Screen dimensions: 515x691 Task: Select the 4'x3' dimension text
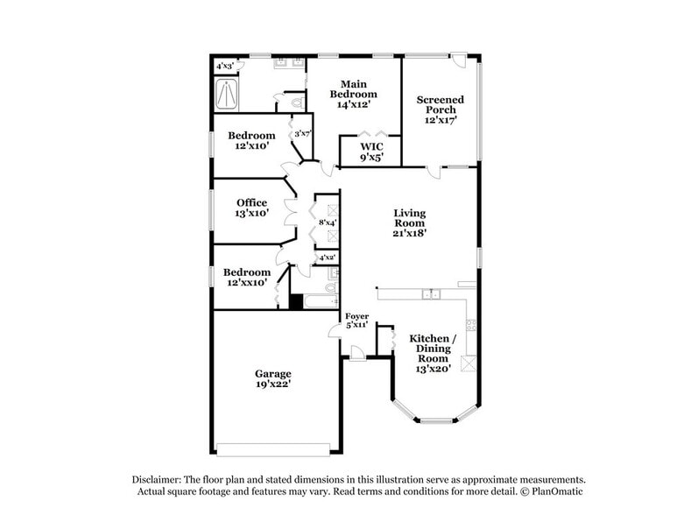pyautogui.click(x=225, y=66)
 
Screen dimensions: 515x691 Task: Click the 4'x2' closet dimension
pyautogui.click(x=327, y=257)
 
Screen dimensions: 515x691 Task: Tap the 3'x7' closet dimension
pyautogui.click(x=303, y=134)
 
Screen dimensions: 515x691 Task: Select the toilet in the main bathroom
pyautogui.click(x=295, y=103)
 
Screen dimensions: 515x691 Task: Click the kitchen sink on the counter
pyautogui.click(x=429, y=294)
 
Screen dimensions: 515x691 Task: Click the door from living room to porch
pyautogui.click(x=434, y=171)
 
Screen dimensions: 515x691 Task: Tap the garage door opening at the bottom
pyautogui.click(x=272, y=449)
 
